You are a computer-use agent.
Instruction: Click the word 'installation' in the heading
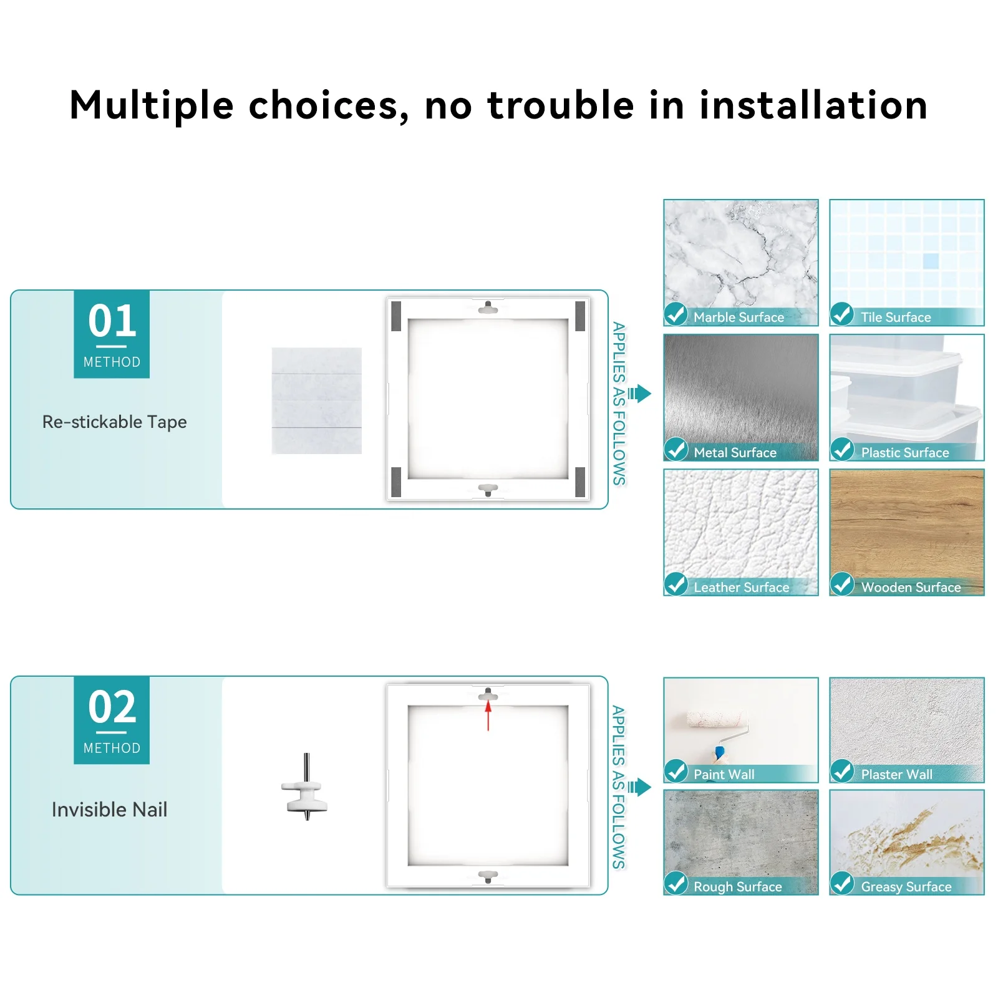coord(813,105)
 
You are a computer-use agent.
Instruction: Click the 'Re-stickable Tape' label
coord(114,422)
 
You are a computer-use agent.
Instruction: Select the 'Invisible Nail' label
coord(109,810)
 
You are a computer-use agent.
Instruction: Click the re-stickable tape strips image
coord(317,400)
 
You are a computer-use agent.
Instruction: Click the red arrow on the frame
coord(488,715)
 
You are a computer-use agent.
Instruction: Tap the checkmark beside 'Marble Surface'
coord(676,314)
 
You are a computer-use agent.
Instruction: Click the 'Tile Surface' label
coord(895,317)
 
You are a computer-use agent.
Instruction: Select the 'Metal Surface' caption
coord(735,453)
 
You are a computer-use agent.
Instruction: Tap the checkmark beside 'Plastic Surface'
coord(842,449)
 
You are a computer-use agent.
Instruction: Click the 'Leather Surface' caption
coord(741,588)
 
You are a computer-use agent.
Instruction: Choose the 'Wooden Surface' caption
coord(911,588)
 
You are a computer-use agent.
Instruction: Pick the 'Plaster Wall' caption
coord(896,775)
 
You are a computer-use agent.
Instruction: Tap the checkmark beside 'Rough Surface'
coord(676,883)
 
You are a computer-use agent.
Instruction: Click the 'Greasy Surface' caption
coord(906,887)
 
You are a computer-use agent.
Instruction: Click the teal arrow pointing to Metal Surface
coord(640,394)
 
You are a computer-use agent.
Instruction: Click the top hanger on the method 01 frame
coord(488,308)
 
